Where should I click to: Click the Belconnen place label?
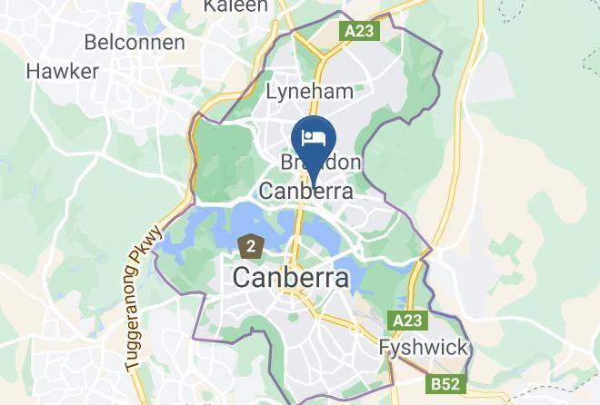tap(134, 42)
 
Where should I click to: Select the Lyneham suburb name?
tap(308, 93)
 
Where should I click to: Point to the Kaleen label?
tap(235, 6)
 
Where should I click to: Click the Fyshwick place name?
tap(423, 348)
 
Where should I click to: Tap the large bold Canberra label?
tap(291, 279)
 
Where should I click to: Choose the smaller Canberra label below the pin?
tap(305, 192)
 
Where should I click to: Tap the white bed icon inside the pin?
tap(314, 138)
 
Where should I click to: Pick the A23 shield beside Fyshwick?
tap(408, 321)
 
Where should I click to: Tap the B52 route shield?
tap(447, 384)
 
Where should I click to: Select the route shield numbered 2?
tap(250, 244)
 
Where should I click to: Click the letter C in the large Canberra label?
tap(244, 279)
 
